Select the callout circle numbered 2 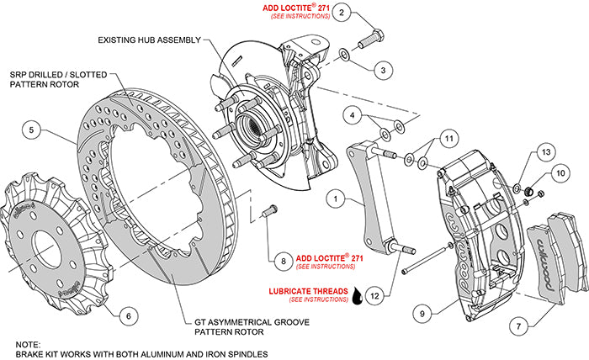click(x=341, y=13)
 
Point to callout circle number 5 click(x=31, y=130)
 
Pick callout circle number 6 click(x=125, y=316)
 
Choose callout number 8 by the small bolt click(x=284, y=262)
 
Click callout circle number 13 click(x=544, y=151)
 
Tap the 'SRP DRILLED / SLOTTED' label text click(x=58, y=75)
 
